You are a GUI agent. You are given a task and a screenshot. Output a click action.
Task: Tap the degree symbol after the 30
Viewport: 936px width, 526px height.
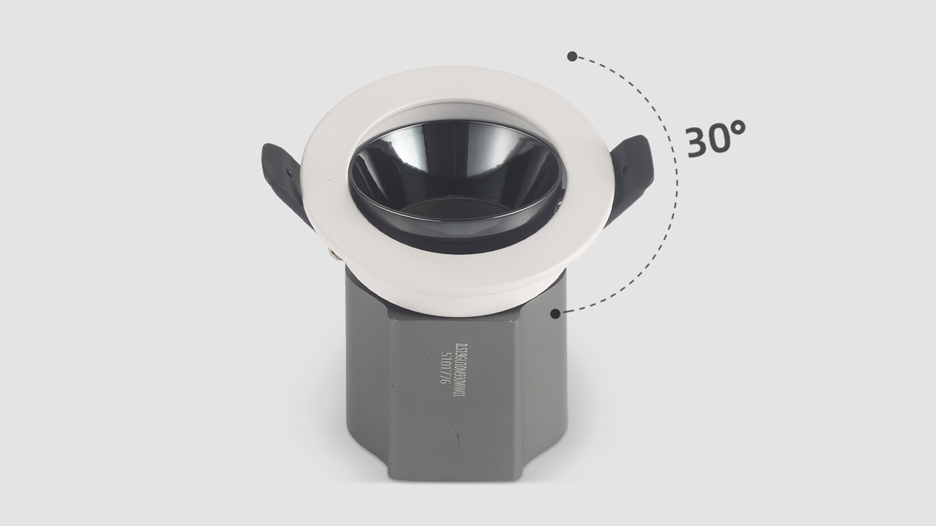point(737,128)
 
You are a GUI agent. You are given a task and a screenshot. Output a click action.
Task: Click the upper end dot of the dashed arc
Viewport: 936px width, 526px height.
point(572,57)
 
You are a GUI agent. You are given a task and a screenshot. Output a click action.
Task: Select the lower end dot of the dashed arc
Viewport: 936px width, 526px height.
point(556,314)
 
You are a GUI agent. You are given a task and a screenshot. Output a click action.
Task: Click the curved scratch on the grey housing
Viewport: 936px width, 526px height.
point(457,437)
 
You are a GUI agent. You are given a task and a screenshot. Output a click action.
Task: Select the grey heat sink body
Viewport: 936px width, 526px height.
point(461,408)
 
